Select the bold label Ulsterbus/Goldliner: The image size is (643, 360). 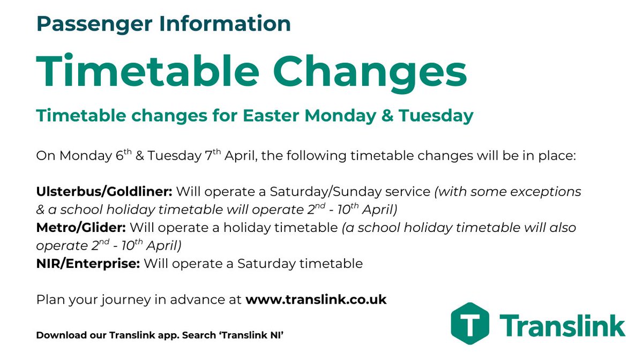pyautogui.click(x=104, y=192)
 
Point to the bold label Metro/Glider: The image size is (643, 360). pyautogui.click(x=81, y=228)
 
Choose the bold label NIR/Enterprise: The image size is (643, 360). pyautogui.click(x=88, y=264)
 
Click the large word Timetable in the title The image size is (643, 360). pyautogui.click(x=151, y=72)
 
